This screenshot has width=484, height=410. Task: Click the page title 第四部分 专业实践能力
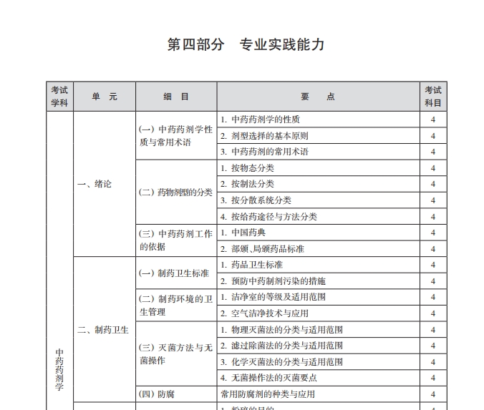[x=246, y=44]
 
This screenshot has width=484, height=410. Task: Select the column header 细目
[x=175, y=97]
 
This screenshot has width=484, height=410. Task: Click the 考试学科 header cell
[x=59, y=97]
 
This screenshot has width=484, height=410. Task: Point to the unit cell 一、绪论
[x=95, y=184]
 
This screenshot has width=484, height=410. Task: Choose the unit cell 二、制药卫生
[x=103, y=330]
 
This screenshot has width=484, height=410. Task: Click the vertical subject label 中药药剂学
[x=59, y=368]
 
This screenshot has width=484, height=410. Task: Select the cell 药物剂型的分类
[x=175, y=192]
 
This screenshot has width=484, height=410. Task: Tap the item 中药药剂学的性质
[x=261, y=119]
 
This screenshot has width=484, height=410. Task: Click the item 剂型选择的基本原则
[x=265, y=136]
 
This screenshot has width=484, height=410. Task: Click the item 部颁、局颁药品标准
[x=262, y=249]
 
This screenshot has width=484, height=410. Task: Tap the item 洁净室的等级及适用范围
[x=273, y=297]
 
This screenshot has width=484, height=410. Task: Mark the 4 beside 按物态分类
[x=433, y=168]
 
